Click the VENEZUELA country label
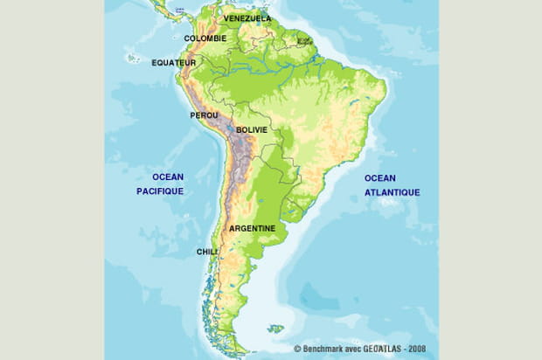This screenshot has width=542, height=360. click(247, 18)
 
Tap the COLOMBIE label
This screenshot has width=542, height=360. click(205, 38)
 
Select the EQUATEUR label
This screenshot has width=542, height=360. click(173, 63)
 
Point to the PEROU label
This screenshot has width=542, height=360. click(204, 115)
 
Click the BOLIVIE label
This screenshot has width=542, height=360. click(252, 129)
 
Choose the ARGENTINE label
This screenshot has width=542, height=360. click(252, 229)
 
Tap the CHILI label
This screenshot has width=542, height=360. click(206, 251)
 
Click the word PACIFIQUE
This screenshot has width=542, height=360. click(160, 190)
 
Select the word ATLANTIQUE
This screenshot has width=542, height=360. click(393, 192)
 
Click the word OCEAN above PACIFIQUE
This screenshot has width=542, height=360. click(167, 177)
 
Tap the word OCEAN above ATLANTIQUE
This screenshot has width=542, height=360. click(381, 178)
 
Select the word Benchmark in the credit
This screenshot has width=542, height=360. click(324, 349)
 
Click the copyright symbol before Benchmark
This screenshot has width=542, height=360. click(298, 349)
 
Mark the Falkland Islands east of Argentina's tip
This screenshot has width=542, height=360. click(275, 329)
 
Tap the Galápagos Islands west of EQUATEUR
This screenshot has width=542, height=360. click(133, 59)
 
